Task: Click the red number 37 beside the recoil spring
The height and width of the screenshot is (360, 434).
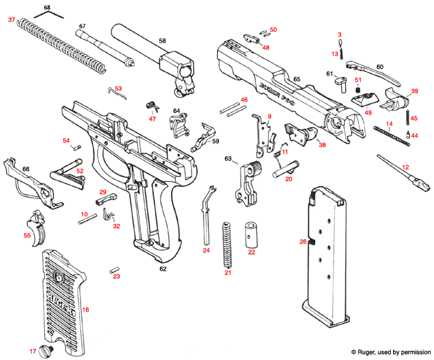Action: (11, 20)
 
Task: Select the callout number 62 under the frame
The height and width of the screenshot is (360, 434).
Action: (163, 270)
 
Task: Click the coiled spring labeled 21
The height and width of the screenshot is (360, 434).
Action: (228, 245)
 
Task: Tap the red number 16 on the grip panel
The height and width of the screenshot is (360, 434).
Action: (86, 309)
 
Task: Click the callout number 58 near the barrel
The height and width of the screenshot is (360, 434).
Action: (162, 41)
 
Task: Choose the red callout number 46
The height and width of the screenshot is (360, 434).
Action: (244, 100)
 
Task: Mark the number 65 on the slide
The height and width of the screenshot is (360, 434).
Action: (296, 79)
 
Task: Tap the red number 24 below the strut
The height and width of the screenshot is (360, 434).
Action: (206, 250)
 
